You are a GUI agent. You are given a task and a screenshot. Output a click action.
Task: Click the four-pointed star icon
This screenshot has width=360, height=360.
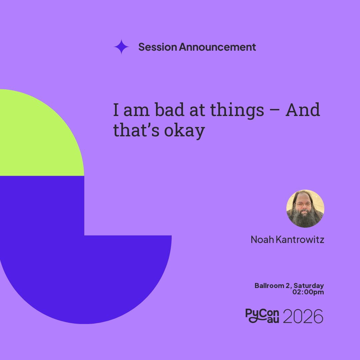(x=121, y=47)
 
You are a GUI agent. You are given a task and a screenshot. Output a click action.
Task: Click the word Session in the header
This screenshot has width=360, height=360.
(x=157, y=47)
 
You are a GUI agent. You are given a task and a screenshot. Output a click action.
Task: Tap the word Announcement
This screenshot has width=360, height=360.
(x=217, y=47)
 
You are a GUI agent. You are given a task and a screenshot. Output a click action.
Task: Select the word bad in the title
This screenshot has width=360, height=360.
(x=169, y=110)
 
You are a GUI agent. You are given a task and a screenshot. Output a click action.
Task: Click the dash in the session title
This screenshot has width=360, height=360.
(x=275, y=110)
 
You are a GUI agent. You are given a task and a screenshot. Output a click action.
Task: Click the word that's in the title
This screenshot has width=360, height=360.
(x=136, y=130)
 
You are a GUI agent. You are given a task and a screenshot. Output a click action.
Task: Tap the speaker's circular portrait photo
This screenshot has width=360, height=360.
(x=305, y=209)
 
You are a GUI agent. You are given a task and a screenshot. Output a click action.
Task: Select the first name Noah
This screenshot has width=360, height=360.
(x=262, y=239)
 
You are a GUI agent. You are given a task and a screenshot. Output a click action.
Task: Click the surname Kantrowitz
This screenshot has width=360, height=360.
(x=300, y=239)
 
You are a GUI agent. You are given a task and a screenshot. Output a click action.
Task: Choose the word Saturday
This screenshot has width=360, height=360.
(x=309, y=286)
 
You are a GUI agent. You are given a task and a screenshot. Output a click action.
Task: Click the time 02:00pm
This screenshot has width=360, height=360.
(x=308, y=292)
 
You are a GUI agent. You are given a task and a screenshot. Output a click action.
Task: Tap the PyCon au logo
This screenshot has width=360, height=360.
(x=262, y=316)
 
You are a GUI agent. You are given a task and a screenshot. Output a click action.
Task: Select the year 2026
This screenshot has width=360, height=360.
(x=303, y=316)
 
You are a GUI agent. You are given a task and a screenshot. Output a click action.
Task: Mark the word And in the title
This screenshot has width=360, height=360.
(x=303, y=110)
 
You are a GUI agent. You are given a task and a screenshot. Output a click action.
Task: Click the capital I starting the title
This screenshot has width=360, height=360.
(x=116, y=110)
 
